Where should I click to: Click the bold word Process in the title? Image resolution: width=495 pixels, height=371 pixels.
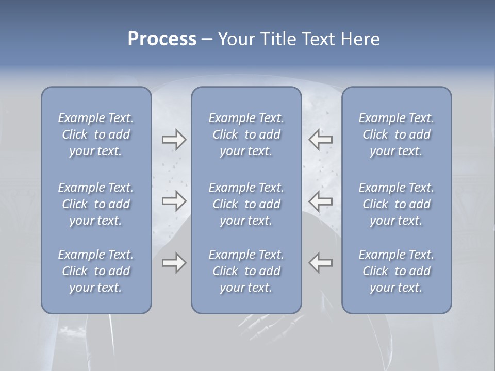point(162,39)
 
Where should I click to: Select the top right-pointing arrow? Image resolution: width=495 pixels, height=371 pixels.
point(174,140)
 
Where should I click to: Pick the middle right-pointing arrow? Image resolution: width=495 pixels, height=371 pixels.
point(174,201)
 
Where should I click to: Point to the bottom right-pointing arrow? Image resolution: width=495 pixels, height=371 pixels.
point(174,263)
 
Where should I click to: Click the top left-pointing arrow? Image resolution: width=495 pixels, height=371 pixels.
point(321,140)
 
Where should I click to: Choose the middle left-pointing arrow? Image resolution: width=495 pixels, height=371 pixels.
point(321,201)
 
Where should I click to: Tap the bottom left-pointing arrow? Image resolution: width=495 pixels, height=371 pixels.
point(321,263)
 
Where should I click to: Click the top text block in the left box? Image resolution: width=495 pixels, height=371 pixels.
point(96,134)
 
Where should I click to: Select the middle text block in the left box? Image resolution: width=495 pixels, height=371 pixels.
point(96,204)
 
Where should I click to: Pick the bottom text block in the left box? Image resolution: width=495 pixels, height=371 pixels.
point(96,271)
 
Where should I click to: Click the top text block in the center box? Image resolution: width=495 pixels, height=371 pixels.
point(246,134)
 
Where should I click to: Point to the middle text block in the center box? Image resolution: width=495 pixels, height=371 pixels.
point(246,204)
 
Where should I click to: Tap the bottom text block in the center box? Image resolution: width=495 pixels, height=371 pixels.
point(246,271)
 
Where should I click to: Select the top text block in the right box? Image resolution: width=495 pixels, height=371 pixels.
point(396,134)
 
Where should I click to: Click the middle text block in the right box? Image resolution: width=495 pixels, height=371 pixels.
point(396,204)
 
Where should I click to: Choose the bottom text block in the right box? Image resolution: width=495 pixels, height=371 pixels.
point(396,271)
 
